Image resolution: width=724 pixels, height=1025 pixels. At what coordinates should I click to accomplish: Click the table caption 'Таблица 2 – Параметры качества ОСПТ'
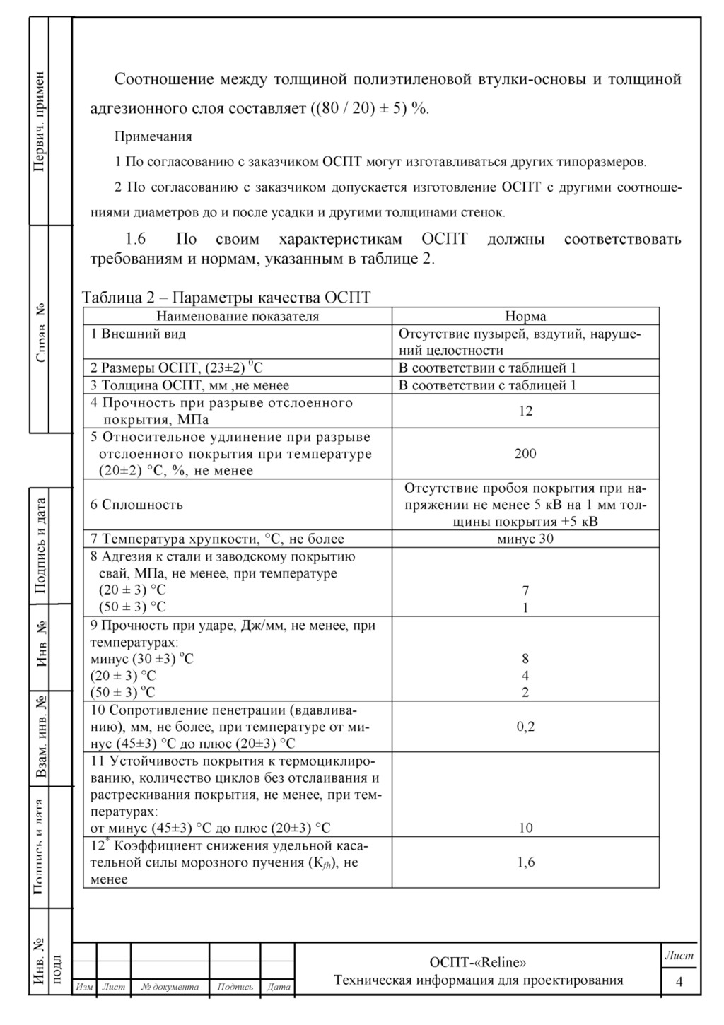tap(226, 297)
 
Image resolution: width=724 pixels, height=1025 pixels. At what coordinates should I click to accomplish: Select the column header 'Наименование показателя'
tap(238, 316)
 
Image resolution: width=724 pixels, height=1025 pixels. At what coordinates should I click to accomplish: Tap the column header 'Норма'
tap(525, 316)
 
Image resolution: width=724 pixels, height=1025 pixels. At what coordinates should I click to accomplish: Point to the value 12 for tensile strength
tap(525, 411)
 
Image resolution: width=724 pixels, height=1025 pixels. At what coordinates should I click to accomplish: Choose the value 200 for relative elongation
tap(525, 453)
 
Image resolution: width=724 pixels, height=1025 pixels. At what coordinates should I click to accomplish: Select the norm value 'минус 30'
tap(525, 539)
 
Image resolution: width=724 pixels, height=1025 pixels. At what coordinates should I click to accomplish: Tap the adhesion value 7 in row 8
tap(525, 590)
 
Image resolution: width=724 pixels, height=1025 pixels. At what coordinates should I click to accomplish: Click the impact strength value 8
tap(525, 659)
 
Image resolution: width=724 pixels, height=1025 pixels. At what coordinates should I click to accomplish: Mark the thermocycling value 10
tap(525, 828)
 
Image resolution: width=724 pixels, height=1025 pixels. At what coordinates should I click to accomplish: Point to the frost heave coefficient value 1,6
tap(525, 862)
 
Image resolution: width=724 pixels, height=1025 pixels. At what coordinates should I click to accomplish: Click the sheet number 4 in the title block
tap(679, 981)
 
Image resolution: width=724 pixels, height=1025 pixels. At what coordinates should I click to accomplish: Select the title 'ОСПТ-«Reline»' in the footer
tap(478, 962)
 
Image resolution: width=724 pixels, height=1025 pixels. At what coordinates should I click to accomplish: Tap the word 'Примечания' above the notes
tap(153, 136)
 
